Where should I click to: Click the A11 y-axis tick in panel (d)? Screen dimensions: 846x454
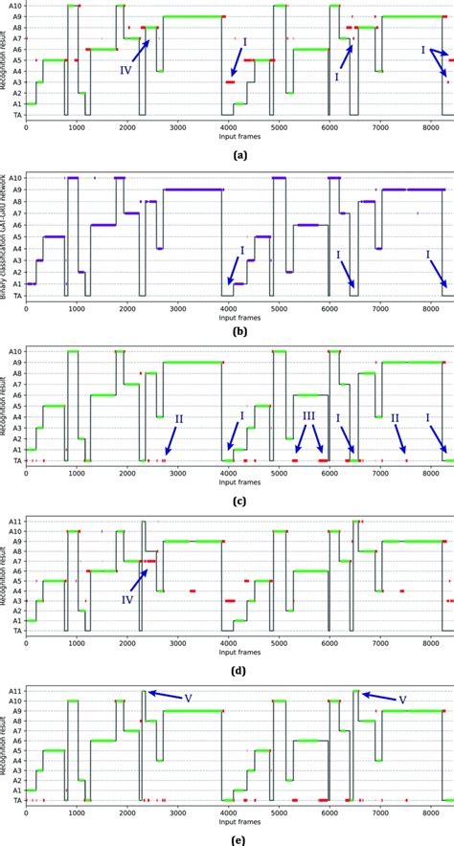pyautogui.click(x=12, y=522)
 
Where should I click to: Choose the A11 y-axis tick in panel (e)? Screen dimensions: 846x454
pyautogui.click(x=12, y=690)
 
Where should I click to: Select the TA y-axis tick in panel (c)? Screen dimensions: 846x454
pyautogui.click(x=13, y=461)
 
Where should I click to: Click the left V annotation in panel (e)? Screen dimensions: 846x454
pyautogui.click(x=188, y=698)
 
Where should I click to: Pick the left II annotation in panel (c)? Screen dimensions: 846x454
pyautogui.click(x=178, y=418)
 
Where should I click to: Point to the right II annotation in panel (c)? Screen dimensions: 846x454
pyautogui.click(x=394, y=418)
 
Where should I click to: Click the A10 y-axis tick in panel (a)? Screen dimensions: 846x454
pyautogui.click(x=12, y=6)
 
